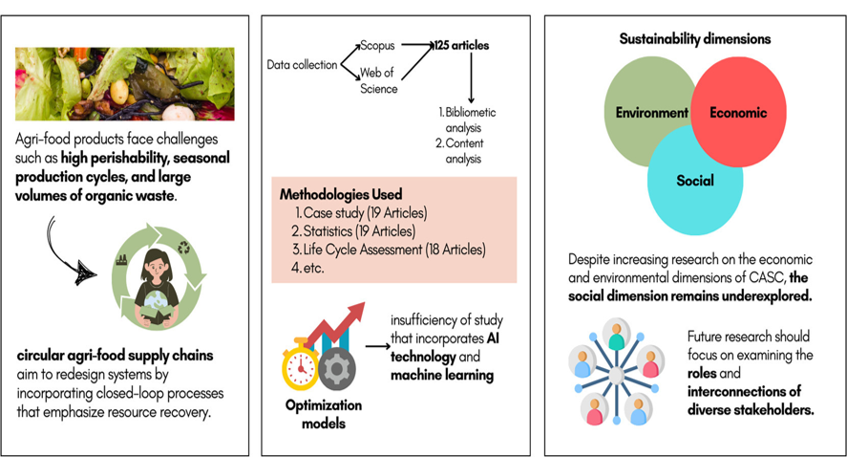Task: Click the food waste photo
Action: click(125, 84)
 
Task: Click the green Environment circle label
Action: click(652, 113)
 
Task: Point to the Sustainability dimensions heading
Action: click(694, 39)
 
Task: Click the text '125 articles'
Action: click(462, 46)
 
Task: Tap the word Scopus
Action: click(377, 46)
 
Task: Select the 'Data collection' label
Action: click(302, 65)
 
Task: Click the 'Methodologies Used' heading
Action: click(341, 194)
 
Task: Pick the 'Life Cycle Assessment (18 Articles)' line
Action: click(389, 250)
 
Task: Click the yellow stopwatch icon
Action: click(301, 364)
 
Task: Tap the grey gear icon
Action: click(336, 369)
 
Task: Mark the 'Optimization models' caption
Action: click(324, 414)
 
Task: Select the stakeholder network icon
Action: click(616, 372)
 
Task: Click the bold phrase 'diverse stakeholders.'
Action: click(751, 410)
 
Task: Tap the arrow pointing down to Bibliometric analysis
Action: click(471, 77)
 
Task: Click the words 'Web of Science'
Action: click(378, 80)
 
